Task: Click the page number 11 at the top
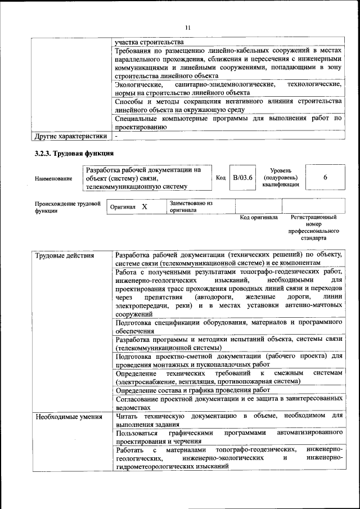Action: pyautogui.click(x=188, y=26)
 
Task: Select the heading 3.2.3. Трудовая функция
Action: pyautogui.click(x=74, y=153)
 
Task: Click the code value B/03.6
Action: pyautogui.click(x=243, y=177)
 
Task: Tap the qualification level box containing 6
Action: pyautogui.click(x=325, y=177)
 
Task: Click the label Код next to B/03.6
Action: pyautogui.click(x=221, y=178)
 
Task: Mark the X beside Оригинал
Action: pyautogui.click(x=144, y=206)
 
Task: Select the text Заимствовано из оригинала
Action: pyautogui.click(x=191, y=206)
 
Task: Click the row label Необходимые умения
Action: pyautogui.click(x=69, y=417)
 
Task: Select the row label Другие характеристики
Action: pyautogui.click(x=70, y=136)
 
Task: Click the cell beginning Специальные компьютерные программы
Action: pyautogui.click(x=228, y=123)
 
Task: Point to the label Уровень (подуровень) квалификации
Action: pyautogui.click(x=280, y=177)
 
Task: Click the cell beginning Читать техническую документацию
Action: pyautogui.click(x=228, y=420)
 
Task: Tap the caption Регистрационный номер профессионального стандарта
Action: pyautogui.click(x=313, y=227)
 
